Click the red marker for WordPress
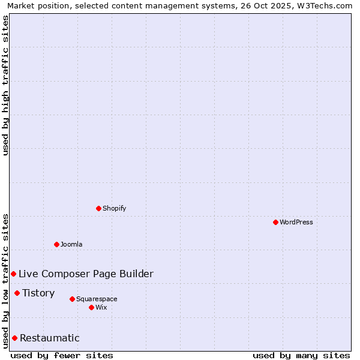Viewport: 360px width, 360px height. (275, 222)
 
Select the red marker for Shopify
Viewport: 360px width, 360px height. (98, 208)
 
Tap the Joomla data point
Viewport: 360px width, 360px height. (56, 244)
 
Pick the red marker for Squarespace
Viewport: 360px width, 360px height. (72, 299)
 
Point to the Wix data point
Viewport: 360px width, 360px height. (91, 307)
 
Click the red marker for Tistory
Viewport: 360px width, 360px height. (17, 293)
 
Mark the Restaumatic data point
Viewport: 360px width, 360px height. (14, 338)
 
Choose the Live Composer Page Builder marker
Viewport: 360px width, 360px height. (13, 274)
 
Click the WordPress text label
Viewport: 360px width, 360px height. (296, 222)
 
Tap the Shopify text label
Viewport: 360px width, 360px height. (115, 208)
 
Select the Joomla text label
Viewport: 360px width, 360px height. (71, 244)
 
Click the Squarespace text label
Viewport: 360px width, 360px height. (97, 299)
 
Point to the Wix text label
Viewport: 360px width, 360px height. (101, 307)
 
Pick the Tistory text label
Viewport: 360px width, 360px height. (38, 293)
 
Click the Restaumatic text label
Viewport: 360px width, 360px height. (50, 338)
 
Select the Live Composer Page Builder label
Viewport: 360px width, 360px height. (86, 274)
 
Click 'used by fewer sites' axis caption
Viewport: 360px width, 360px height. (62, 355)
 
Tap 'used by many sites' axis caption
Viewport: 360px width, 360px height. (301, 355)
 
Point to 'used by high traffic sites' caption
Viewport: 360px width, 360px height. (5, 86)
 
